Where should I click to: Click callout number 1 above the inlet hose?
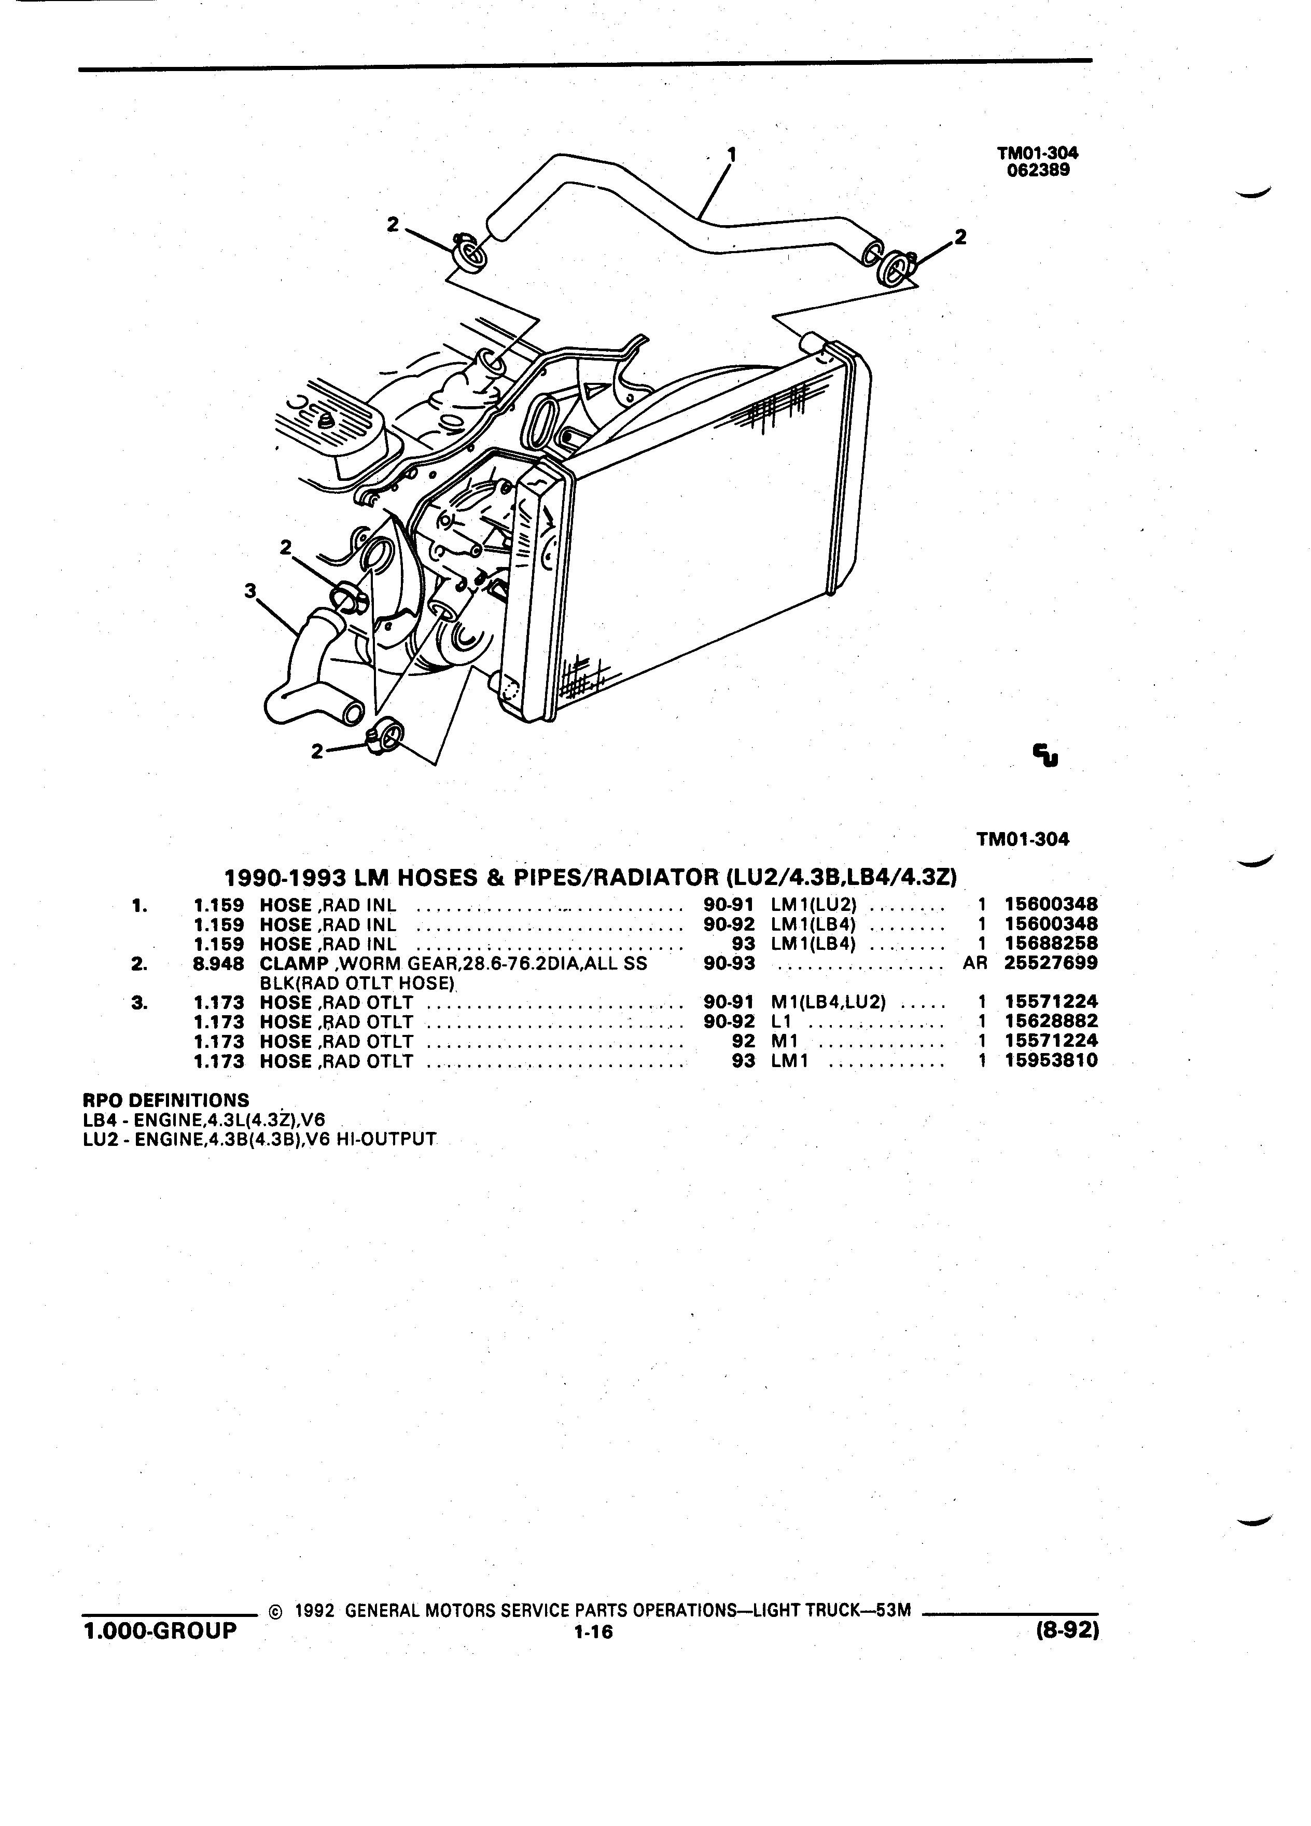coord(732,152)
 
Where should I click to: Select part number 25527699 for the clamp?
coord(1051,962)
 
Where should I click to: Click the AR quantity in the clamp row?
coord(974,963)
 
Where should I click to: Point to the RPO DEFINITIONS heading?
coord(166,1100)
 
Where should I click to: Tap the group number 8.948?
coord(219,963)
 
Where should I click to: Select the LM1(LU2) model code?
coord(814,904)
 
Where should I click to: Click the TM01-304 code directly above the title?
coord(1023,839)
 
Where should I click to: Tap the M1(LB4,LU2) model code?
coord(828,1002)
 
